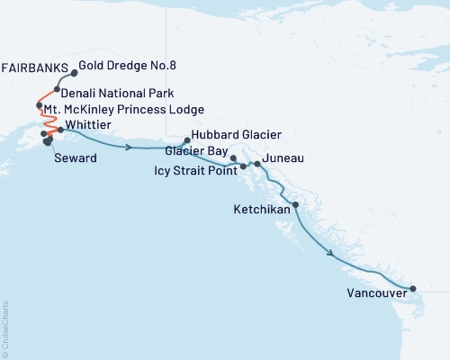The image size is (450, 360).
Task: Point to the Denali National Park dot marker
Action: [57, 89]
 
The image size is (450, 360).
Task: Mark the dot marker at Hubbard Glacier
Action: [186, 140]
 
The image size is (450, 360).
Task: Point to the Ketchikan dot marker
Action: [296, 206]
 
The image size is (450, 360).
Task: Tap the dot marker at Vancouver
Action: [413, 289]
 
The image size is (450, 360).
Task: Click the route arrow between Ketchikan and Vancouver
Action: [336, 255]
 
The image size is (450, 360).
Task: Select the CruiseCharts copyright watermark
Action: [6, 328]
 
